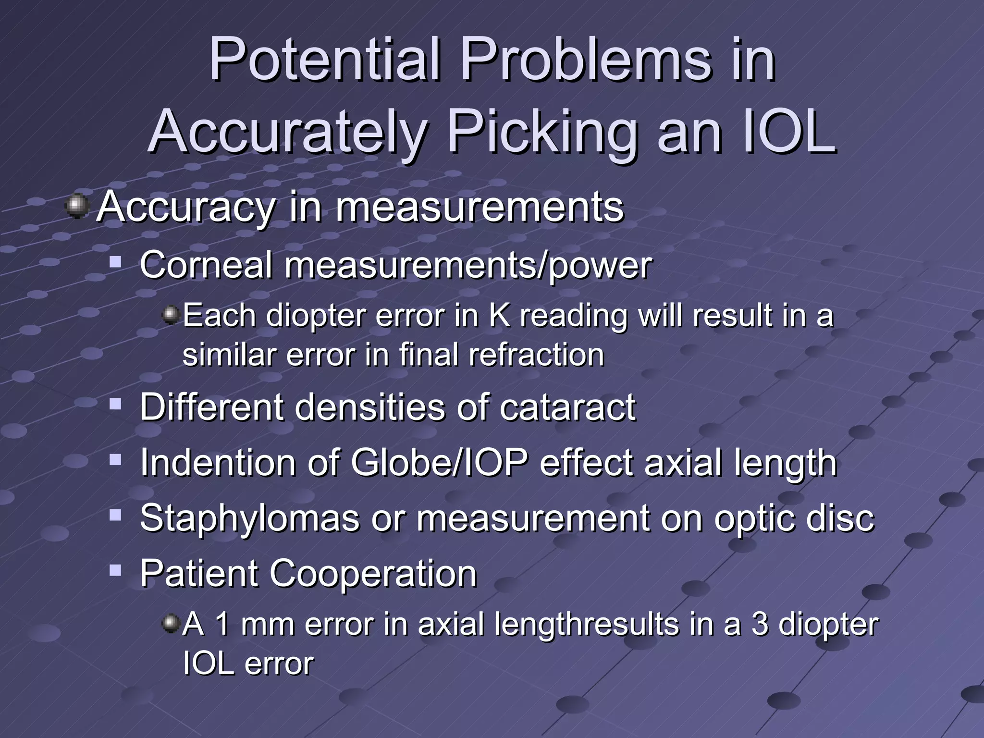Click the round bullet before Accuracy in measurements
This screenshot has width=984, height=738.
point(77,207)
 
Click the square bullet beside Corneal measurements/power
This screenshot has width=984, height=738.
point(115,263)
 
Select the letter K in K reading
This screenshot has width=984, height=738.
point(499,316)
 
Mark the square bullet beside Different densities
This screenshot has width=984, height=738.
point(115,405)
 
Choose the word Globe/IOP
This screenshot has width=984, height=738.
point(439,463)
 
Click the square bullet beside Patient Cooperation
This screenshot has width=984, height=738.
point(115,571)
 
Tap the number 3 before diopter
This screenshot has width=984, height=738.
point(759,624)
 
